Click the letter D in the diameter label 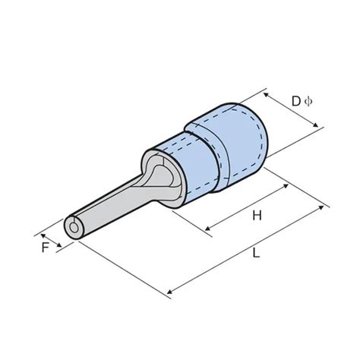tap(296, 100)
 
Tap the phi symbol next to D tap(308, 100)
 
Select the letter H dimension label tap(257, 216)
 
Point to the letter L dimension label tap(256, 254)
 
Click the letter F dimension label tap(46, 248)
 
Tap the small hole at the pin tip tap(73, 228)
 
